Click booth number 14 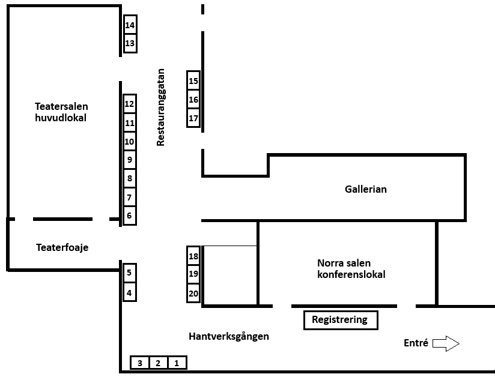(x=130, y=25)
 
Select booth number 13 (x=130, y=44)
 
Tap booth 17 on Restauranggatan (x=193, y=118)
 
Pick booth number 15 (x=193, y=81)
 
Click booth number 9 (x=129, y=160)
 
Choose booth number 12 (x=129, y=104)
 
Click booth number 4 (x=129, y=294)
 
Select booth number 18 (x=193, y=256)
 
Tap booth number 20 (x=193, y=294)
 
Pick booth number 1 (x=177, y=363)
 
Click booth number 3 (x=140, y=363)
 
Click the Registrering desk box (x=340, y=320)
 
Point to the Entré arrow (x=446, y=343)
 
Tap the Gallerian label (x=365, y=189)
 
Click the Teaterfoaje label (x=62, y=247)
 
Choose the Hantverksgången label (x=228, y=336)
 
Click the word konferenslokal (x=351, y=274)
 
